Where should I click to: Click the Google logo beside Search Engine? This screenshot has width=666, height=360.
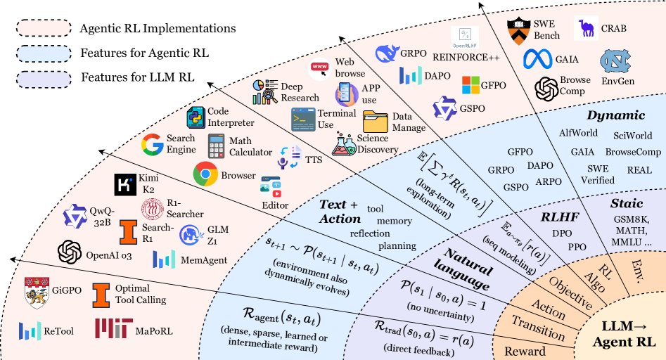pos(152,145)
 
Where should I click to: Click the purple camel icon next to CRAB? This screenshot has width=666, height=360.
pos(587,29)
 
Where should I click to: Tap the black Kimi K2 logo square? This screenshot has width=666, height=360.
pos(124,185)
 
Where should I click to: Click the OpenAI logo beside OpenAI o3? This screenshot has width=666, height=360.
pos(70,251)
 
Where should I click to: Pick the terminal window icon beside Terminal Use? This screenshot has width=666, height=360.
pos(303,120)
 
